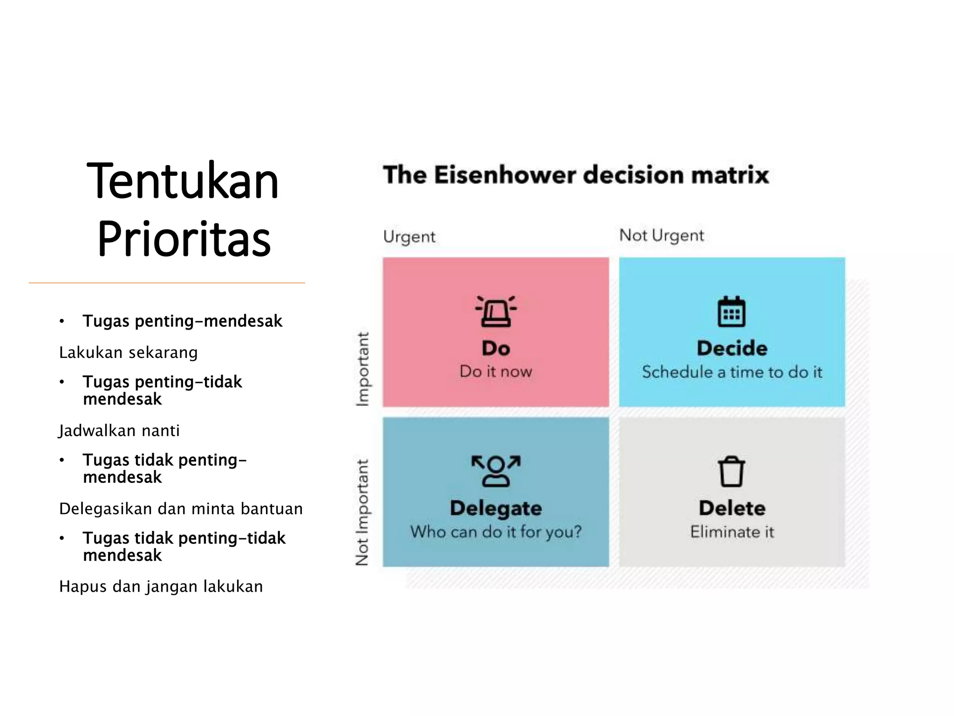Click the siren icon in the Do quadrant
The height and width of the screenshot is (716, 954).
coord(496,311)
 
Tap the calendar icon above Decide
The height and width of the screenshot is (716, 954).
coord(731,311)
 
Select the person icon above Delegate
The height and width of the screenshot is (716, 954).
coord(496,471)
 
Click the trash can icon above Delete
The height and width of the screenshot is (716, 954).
coord(731,471)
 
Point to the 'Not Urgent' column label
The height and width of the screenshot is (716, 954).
coord(661,235)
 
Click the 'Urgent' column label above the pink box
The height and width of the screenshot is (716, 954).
coord(409,237)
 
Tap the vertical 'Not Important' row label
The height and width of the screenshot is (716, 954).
coord(362,512)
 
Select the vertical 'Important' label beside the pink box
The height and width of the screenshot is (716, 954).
coord(362,369)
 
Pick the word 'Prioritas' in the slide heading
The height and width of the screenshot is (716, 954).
coord(184,239)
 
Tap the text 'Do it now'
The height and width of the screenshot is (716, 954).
coord(496,372)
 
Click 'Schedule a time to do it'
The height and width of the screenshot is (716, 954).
coord(732,372)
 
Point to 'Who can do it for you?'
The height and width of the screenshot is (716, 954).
coord(496,532)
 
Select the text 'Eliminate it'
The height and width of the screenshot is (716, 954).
coord(732,532)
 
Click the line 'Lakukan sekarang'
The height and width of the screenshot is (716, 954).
coord(129,352)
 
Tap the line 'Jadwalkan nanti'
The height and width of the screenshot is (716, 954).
coord(119,430)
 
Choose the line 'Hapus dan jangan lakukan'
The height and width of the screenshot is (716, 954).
coord(161,586)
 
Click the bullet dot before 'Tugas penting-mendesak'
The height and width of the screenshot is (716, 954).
coord(62,321)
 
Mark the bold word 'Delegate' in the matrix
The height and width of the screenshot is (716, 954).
coord(496,508)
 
